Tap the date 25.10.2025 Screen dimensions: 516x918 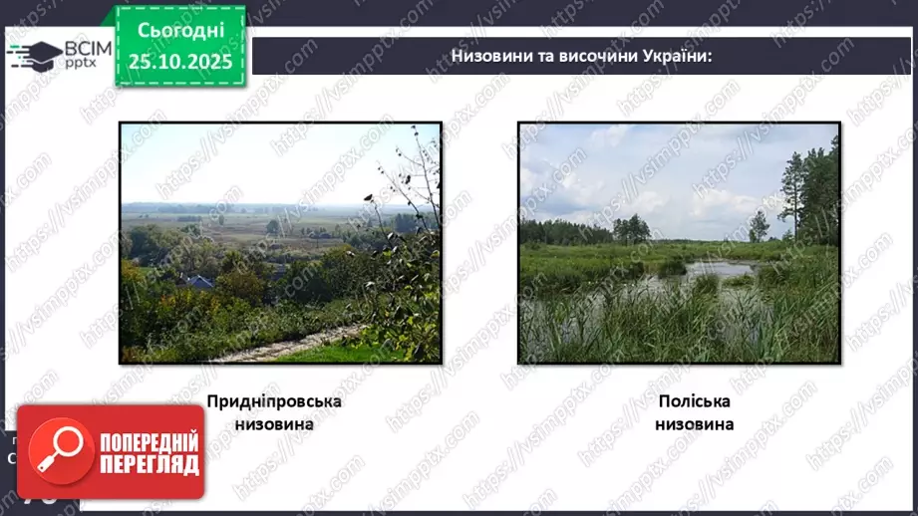pos(179,62)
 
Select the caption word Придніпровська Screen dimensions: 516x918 pos(274,401)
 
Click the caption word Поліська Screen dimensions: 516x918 pos(694,401)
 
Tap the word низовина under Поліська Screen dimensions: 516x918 pos(694,423)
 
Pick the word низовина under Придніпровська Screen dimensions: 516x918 pos(274,423)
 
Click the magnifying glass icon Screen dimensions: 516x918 pos(56,450)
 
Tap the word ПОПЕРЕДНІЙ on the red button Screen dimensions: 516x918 pos(149,442)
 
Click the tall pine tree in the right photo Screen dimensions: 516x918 pos(795,189)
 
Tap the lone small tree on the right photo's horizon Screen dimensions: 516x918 pos(759,227)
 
